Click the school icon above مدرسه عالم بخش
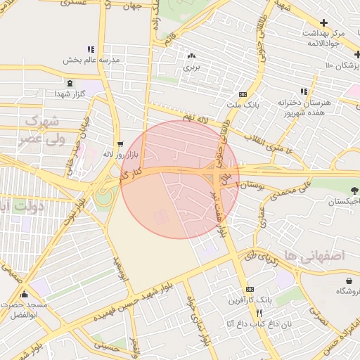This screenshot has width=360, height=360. pyautogui.click(x=90, y=49)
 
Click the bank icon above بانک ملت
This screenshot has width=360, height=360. pyautogui.click(x=243, y=94)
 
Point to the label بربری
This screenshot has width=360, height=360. pyautogui.click(x=192, y=68)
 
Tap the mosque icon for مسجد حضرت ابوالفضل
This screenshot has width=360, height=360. pyautogui.click(x=25, y=295)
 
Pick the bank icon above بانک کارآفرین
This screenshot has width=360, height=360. pyautogui.click(x=249, y=290)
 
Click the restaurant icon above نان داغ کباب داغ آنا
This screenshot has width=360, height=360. pyautogui.click(x=259, y=313)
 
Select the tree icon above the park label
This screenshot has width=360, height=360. pyautogui.click(x=352, y=190)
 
